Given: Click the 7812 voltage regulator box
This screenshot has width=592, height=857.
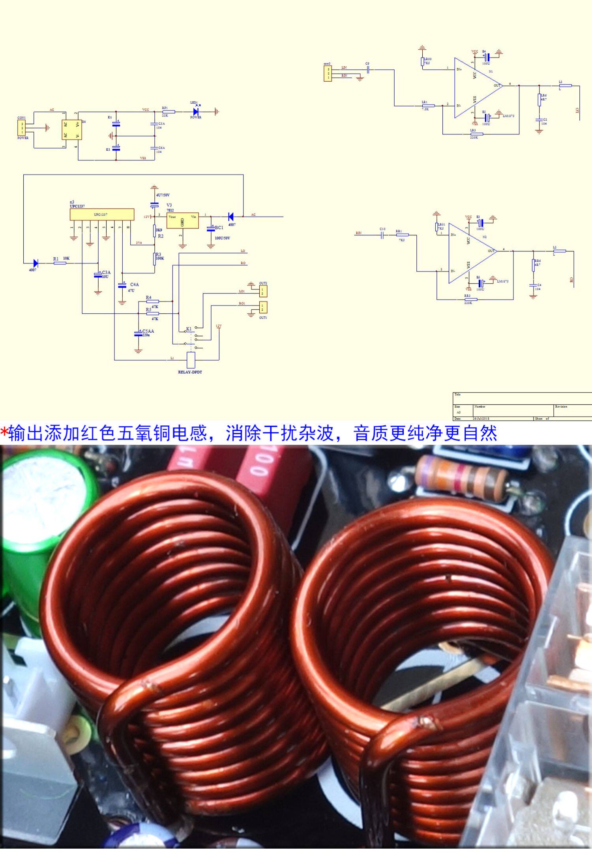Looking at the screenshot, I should (182, 221).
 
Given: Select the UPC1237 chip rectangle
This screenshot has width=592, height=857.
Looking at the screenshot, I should (102, 215).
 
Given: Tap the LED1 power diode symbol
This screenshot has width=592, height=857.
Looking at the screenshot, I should (195, 112).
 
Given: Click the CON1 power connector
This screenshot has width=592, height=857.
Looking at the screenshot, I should (22, 128).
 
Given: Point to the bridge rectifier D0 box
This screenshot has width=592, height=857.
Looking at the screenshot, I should (71, 129).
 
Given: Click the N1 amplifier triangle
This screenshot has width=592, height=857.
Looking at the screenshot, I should (476, 88).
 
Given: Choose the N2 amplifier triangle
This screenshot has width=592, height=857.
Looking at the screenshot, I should (470, 253).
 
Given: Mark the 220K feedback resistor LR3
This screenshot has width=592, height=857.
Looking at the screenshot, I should (473, 134).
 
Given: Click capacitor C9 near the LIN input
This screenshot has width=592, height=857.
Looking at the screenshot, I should (367, 70).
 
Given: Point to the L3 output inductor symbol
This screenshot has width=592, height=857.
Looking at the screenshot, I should (565, 85).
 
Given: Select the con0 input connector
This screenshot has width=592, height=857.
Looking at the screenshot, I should (327, 73).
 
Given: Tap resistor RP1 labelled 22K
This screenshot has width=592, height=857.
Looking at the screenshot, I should (169, 112).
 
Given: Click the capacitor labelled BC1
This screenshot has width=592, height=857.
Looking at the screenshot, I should (211, 228).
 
